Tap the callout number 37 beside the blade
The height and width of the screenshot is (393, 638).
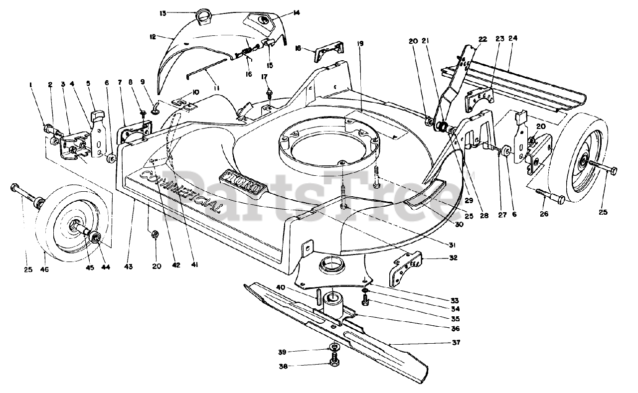tap(456, 342)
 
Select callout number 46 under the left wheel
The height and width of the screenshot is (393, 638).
tap(45, 269)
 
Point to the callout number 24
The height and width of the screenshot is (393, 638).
tap(513, 38)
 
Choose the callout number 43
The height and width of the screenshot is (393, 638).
tap(129, 267)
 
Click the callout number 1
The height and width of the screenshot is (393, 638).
tap(31, 85)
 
